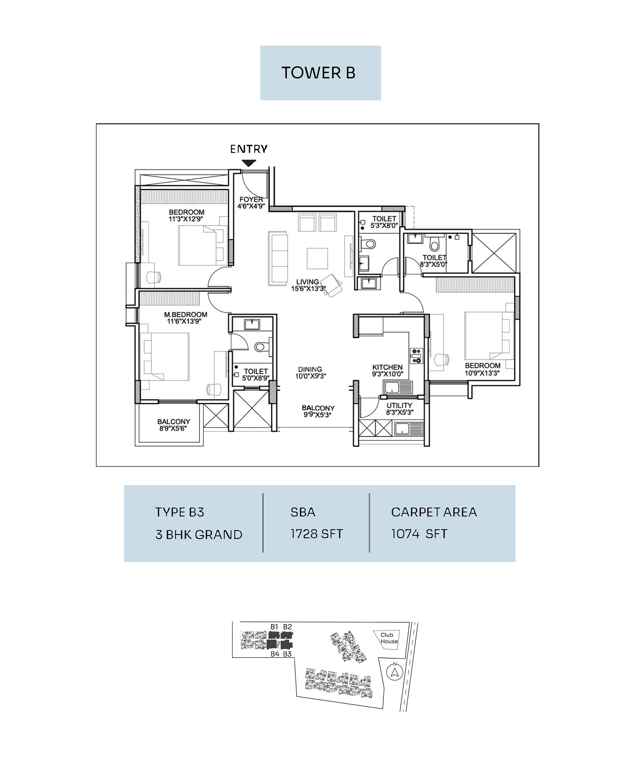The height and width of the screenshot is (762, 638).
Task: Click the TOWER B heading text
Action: [318, 73]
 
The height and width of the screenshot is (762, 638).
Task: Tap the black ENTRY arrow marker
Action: [249, 163]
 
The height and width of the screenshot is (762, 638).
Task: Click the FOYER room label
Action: [251, 199]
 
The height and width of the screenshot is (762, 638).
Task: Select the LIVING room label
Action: [308, 282]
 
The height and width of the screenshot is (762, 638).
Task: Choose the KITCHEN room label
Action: [387, 367]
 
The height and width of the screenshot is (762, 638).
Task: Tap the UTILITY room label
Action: [399, 405]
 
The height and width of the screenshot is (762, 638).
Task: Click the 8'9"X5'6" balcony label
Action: [173, 428]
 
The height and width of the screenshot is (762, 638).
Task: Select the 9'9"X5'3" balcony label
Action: [318, 415]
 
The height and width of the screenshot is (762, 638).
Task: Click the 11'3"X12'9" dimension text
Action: [186, 219]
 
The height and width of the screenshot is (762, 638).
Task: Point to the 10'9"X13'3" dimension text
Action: [482, 373]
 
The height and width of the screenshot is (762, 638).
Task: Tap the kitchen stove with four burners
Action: [416, 356]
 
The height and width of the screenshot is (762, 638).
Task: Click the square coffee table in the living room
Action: [317, 258]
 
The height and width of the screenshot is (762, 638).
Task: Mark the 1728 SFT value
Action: [316, 534]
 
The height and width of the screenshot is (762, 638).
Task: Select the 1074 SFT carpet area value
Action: [419, 534]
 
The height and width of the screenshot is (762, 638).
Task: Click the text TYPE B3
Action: [180, 512]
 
